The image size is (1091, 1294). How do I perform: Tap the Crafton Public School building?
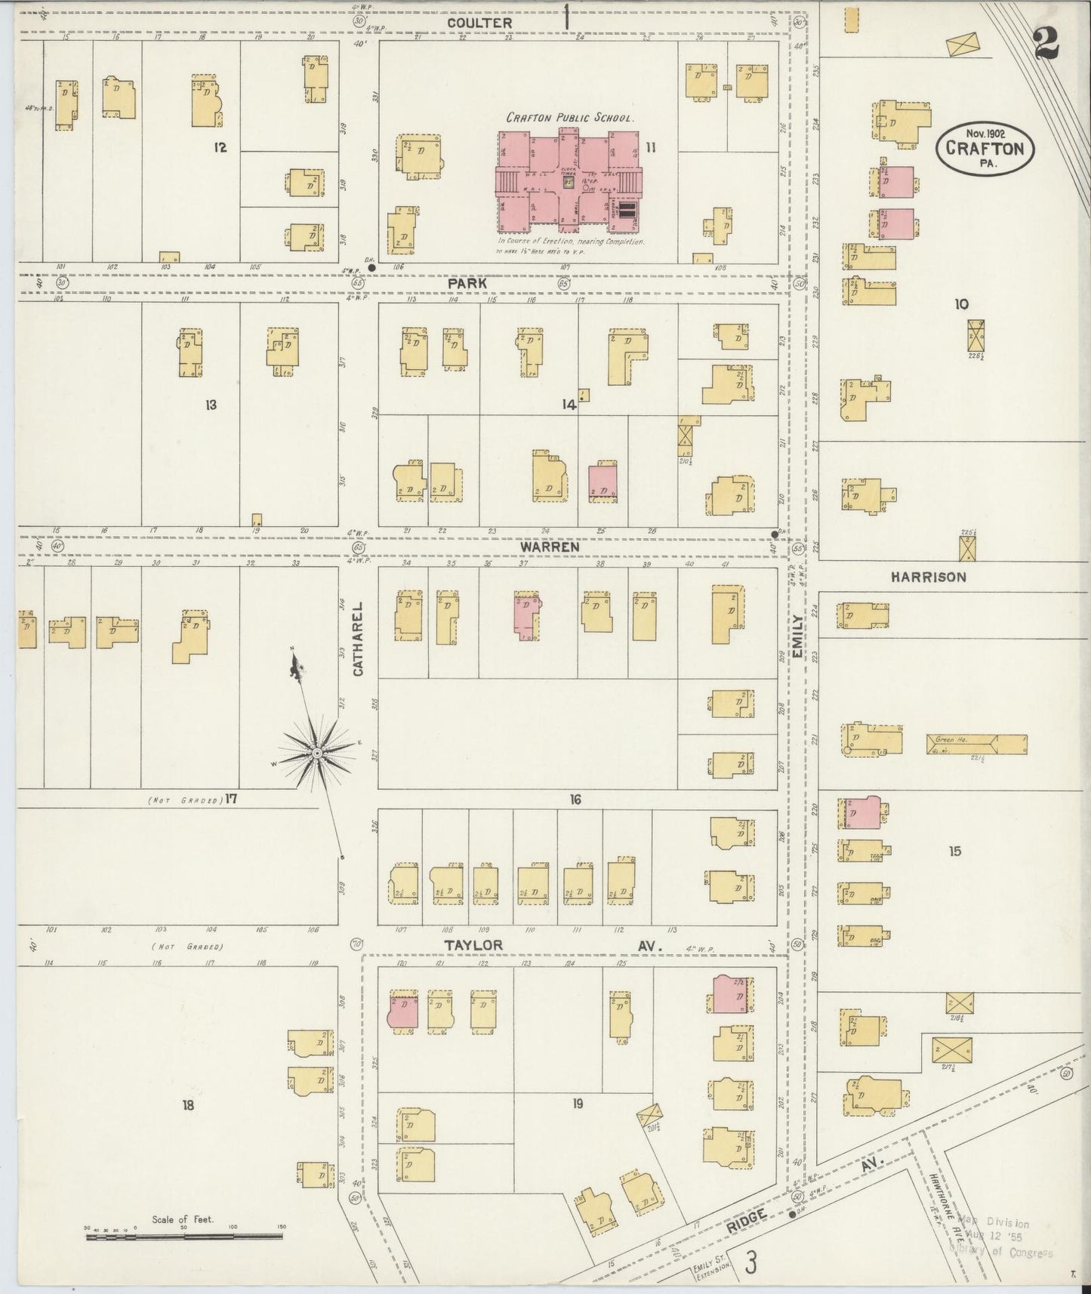pyautogui.click(x=569, y=181)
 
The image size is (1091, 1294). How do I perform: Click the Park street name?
pyautogui.click(x=467, y=282)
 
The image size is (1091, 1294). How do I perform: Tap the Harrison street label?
pyautogui.click(x=927, y=577)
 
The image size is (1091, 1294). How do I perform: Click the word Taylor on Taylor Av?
pyautogui.click(x=473, y=945)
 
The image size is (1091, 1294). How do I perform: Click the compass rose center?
pyautogui.click(x=318, y=753)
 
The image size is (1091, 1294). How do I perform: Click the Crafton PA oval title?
pyautogui.click(x=985, y=149)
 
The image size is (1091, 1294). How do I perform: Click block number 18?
pyautogui.click(x=187, y=1105)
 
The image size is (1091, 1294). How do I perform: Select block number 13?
pyautogui.click(x=211, y=405)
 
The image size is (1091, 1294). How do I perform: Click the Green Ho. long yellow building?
pyautogui.click(x=976, y=744)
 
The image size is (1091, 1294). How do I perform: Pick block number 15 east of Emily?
pyautogui.click(x=955, y=851)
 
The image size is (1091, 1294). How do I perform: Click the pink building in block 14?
pyautogui.click(x=603, y=483)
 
